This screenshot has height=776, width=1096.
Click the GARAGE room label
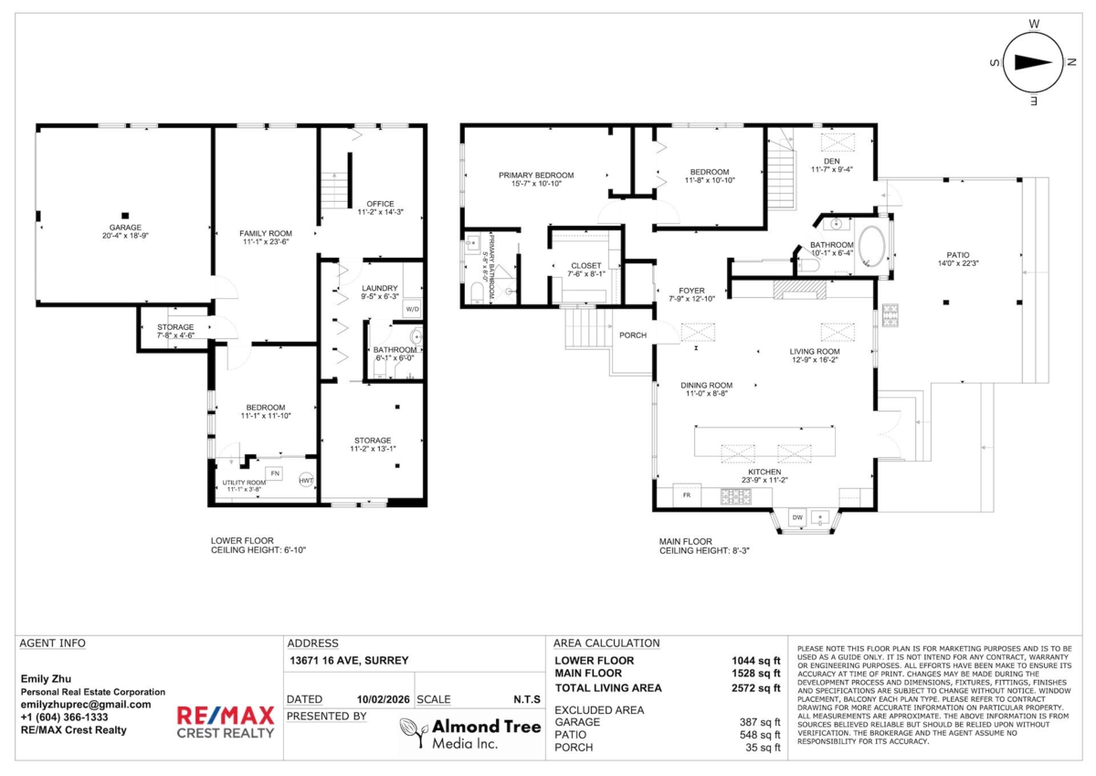click(125, 228)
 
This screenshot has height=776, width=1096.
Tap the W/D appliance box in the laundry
click(413, 309)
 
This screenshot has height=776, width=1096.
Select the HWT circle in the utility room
click(306, 480)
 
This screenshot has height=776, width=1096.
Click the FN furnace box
click(275, 473)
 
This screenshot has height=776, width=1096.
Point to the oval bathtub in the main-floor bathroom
click(871, 246)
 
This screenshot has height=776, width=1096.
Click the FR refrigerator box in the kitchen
click(687, 495)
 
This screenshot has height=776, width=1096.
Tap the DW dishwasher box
click(797, 517)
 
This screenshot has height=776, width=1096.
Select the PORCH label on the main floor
click(633, 335)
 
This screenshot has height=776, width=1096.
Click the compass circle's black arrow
click(1033, 63)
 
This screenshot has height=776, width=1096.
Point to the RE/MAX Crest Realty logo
click(226, 722)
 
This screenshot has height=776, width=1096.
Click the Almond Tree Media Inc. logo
click(470, 733)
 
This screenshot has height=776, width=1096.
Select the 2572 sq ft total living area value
click(756, 688)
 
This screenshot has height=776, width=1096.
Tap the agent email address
click(86, 705)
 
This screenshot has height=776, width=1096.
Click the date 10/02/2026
click(383, 699)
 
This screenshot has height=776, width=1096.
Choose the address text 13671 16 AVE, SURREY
click(349, 661)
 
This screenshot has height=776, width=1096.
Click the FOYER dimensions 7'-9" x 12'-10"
click(692, 299)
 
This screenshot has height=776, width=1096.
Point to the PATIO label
click(957, 255)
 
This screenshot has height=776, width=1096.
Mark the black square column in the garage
click(125, 216)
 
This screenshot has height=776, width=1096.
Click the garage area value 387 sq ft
click(760, 722)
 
